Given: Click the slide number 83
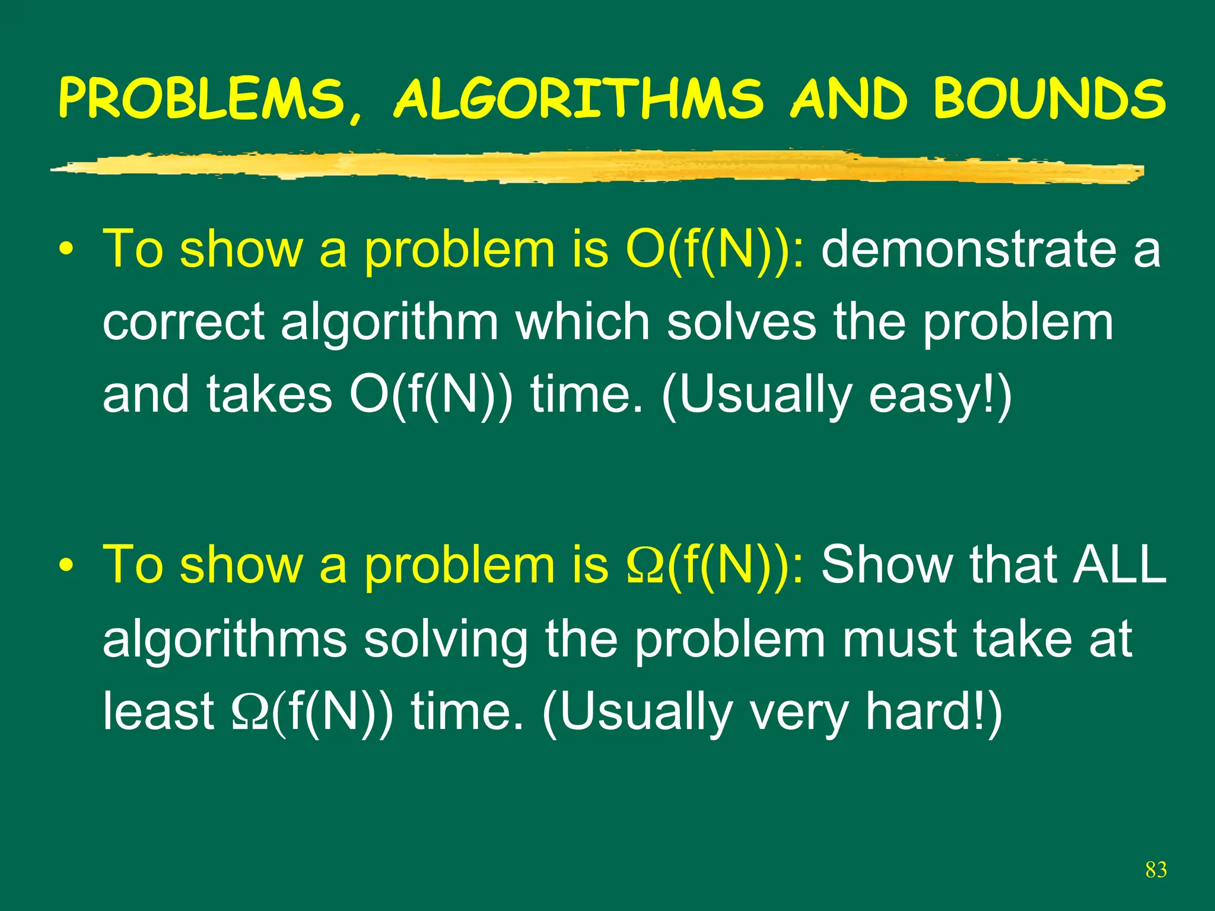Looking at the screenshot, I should coord(1156,869).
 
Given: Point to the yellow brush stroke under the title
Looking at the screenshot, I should coord(593,166).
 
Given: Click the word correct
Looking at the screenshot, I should coord(183,322).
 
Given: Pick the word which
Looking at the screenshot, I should coord(583,322).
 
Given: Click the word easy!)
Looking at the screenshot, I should coord(940,396).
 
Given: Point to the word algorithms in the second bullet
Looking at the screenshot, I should coord(225,639).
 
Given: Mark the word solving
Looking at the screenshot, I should coord(446,639).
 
